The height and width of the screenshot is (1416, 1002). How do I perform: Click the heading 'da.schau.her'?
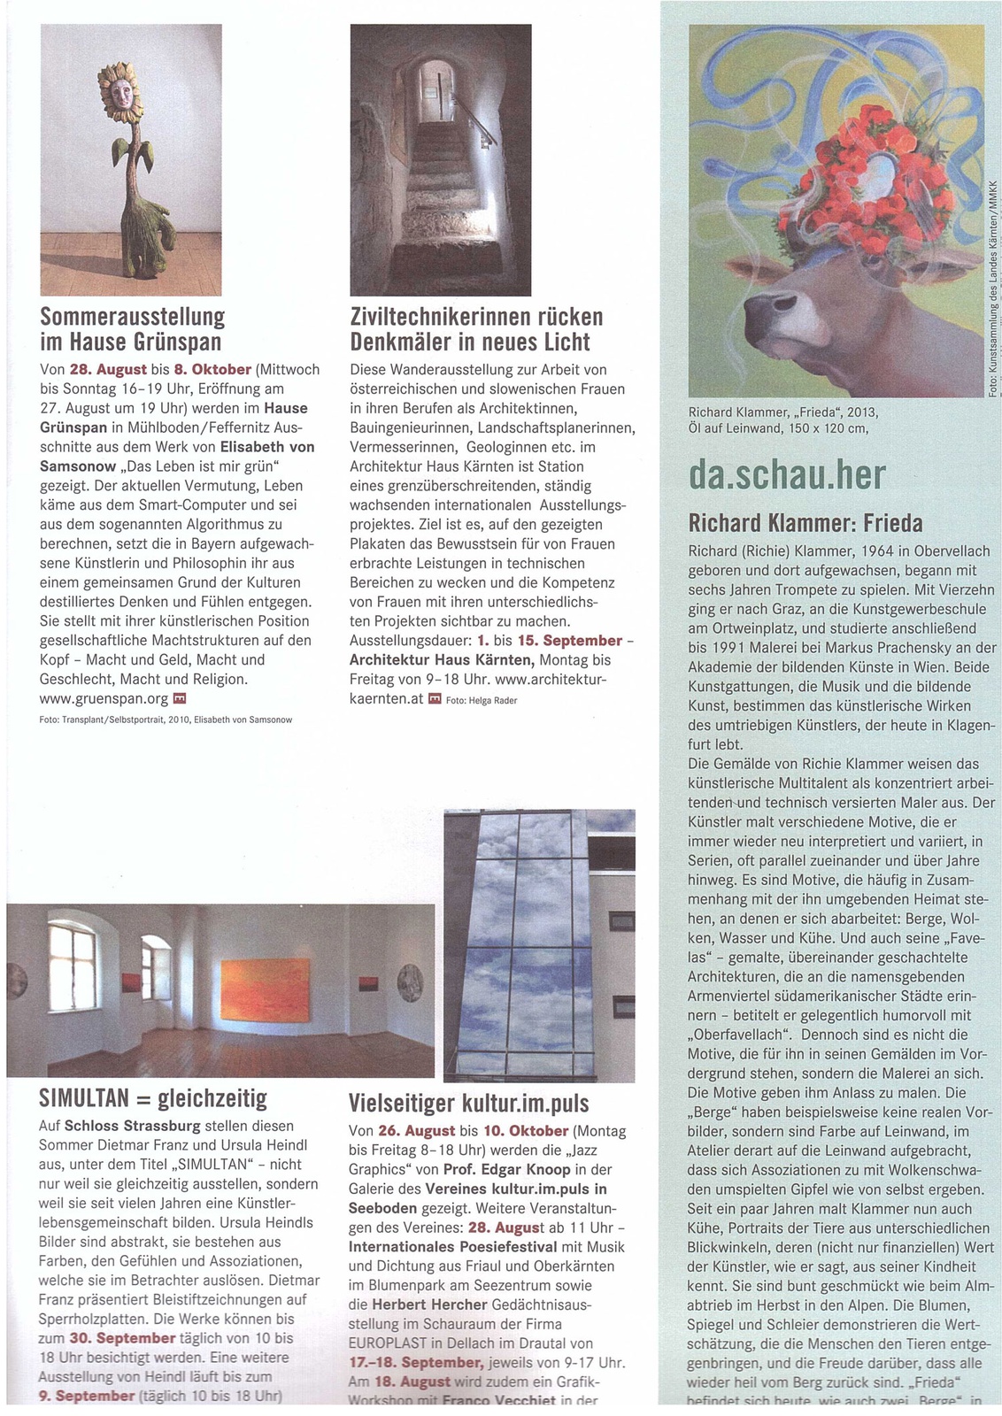click(787, 475)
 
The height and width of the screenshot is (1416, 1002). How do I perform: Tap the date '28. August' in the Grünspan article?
click(108, 369)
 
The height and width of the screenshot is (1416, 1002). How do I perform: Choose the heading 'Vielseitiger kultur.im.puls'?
click(468, 1103)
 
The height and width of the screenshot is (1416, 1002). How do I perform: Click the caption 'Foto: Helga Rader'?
click(482, 700)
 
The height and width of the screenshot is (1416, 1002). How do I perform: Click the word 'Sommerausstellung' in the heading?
click(133, 317)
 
